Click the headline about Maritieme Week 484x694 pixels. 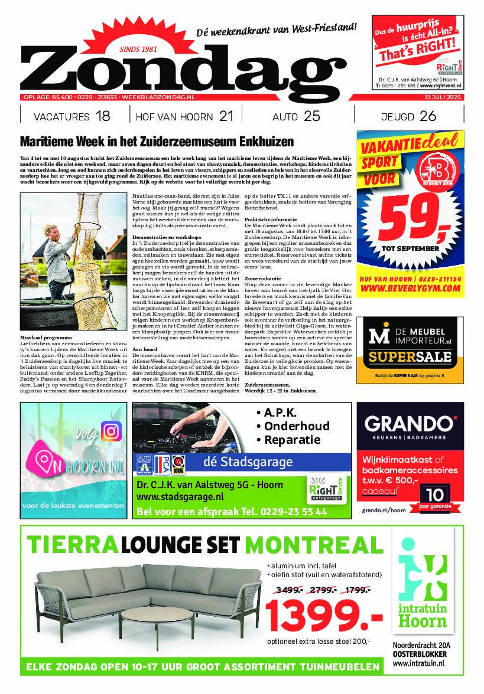(157, 143)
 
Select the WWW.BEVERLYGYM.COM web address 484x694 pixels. (410, 288)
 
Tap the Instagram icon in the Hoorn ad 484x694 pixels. (111, 431)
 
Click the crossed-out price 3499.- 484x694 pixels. (286, 589)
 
